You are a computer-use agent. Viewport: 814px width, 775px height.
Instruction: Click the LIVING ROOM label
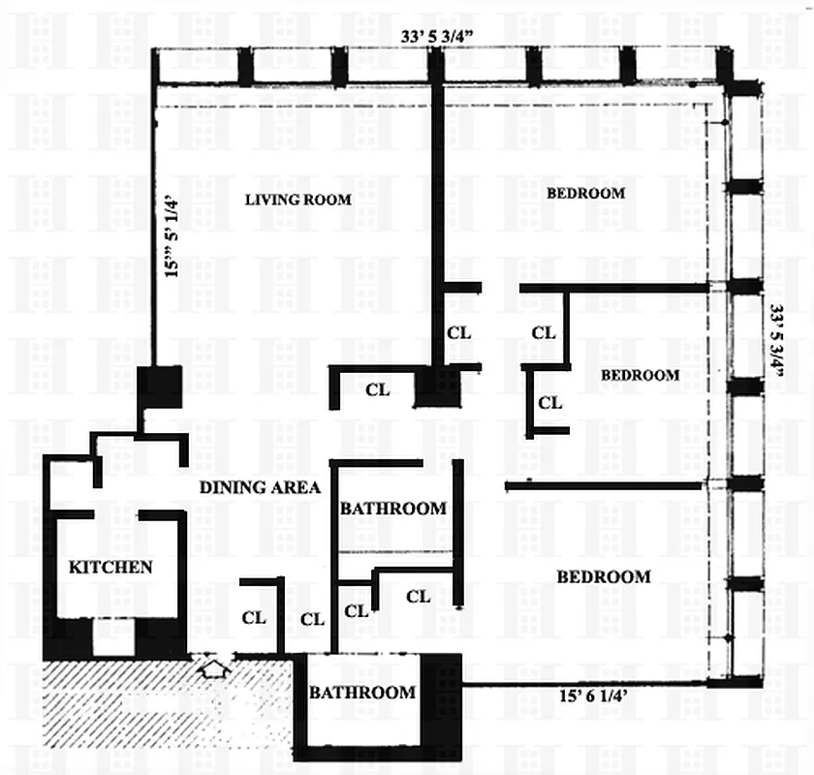tap(298, 200)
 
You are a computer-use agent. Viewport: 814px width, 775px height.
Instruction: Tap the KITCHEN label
tap(110, 567)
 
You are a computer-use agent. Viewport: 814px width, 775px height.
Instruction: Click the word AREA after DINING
tap(295, 487)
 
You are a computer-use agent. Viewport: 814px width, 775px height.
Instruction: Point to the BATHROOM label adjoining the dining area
tap(393, 509)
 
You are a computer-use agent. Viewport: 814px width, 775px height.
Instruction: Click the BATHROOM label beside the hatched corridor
tap(362, 692)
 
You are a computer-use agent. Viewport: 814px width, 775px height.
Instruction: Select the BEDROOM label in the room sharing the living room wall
tap(585, 193)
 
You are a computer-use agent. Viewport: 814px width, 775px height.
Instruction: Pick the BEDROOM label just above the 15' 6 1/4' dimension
tap(604, 576)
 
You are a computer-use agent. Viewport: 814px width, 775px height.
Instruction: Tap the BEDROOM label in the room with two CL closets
tap(641, 375)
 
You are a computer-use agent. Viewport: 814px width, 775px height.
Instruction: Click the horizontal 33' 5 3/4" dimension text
tap(436, 37)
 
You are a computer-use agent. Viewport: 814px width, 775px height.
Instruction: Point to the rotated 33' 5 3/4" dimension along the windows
tap(776, 341)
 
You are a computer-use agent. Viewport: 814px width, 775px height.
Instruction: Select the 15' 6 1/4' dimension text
tap(593, 696)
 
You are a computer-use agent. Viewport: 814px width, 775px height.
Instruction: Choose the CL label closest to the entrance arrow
tap(254, 618)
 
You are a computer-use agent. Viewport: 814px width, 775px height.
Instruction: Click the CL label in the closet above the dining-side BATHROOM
tap(377, 389)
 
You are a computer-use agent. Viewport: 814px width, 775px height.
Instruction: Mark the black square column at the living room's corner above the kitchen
tap(159, 387)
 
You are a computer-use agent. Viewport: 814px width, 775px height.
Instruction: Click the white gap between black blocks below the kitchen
tap(114, 636)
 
